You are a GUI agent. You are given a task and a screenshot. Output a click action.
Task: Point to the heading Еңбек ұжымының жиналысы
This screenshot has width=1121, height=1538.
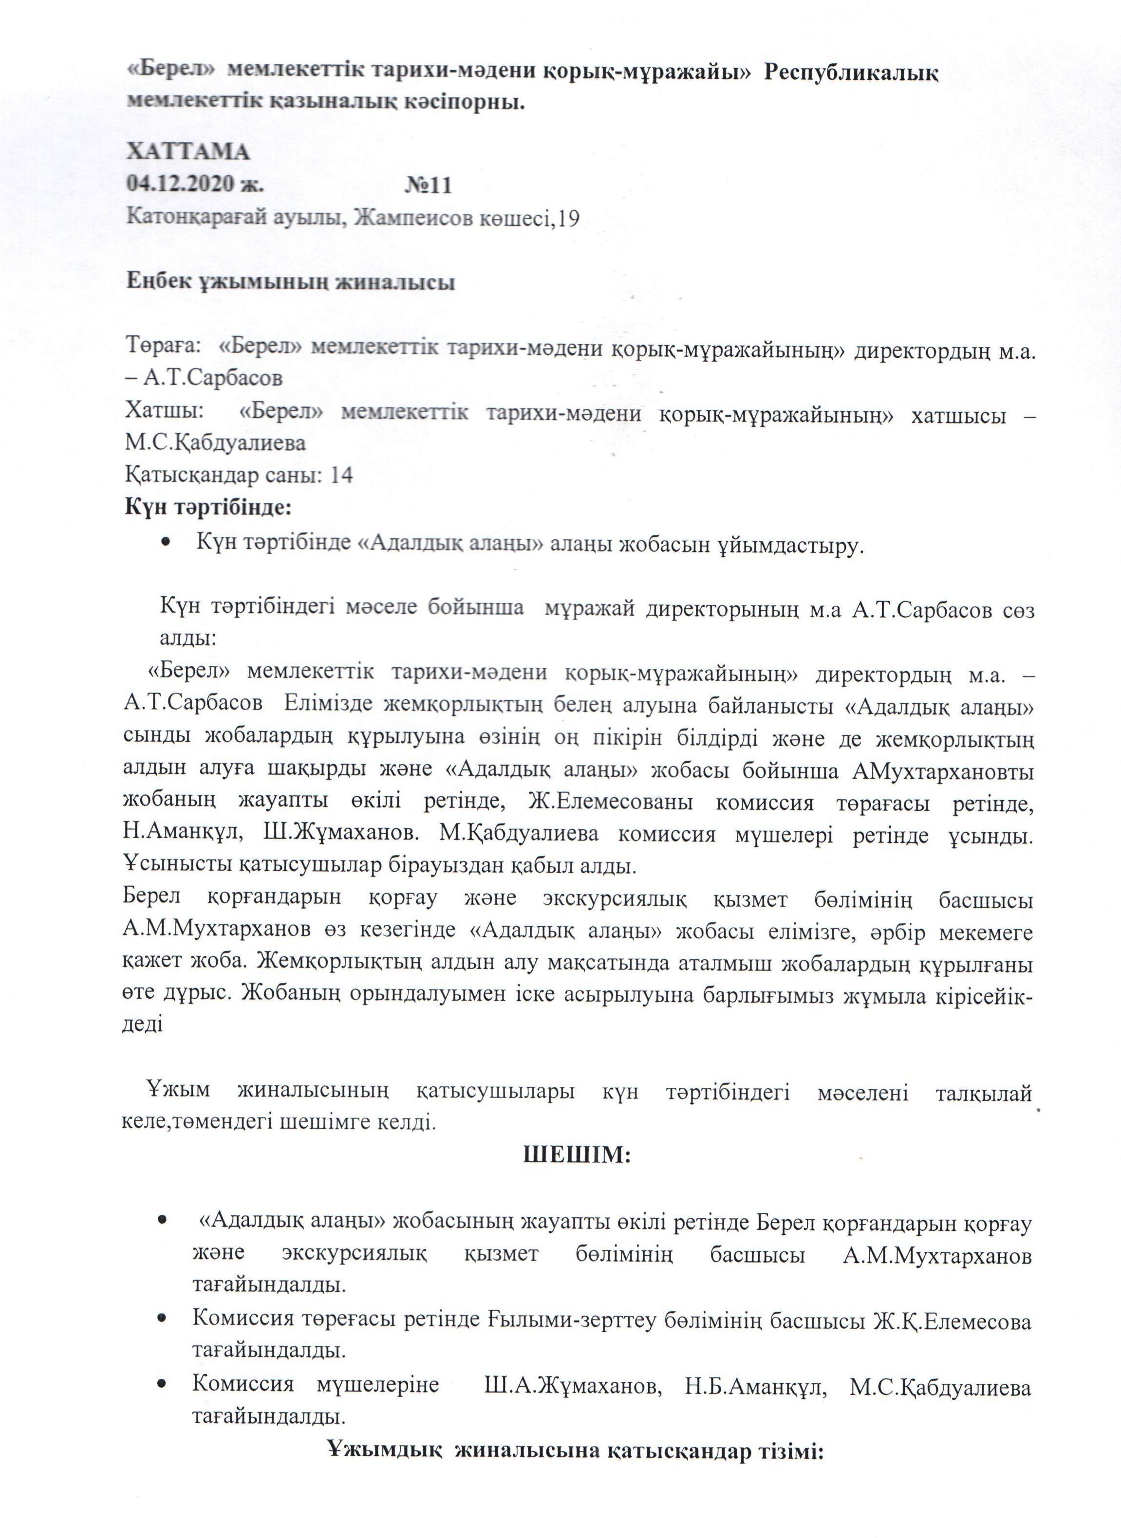(x=290, y=282)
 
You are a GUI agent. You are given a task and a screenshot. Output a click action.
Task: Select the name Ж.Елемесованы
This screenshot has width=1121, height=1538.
(x=610, y=804)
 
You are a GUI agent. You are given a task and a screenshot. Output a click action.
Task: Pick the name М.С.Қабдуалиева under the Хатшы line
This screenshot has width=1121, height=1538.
(x=215, y=443)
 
